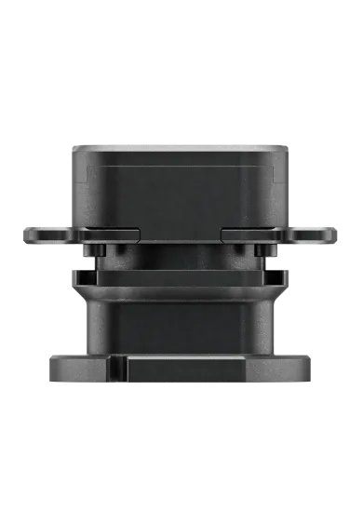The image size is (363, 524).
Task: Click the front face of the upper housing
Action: click(181, 195)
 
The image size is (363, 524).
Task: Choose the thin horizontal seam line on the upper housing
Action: click(181, 168)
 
